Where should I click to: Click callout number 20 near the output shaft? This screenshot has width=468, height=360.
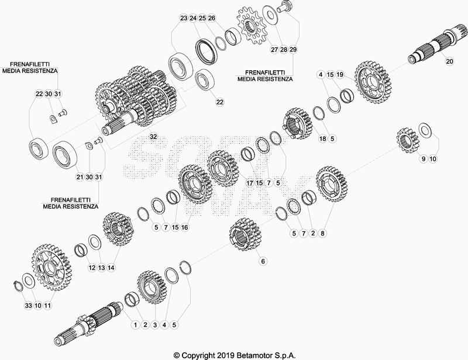449,61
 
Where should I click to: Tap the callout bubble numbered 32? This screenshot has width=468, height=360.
153,137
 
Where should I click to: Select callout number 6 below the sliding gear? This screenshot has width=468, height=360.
263,261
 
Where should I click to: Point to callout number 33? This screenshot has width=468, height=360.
28,306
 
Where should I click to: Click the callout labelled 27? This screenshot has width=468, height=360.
274,50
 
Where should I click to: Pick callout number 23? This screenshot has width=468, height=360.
184,18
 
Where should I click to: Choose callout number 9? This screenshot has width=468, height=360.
424,159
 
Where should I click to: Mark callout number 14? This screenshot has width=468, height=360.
111,268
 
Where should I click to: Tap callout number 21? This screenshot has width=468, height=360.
80,177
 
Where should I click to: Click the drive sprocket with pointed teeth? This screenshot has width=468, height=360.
250,26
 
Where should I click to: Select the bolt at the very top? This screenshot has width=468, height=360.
284,6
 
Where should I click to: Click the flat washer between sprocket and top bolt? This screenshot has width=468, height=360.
271,15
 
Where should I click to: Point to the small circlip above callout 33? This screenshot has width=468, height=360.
19,285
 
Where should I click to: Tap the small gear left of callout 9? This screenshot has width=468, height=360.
408,140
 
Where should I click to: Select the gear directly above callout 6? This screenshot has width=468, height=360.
245,235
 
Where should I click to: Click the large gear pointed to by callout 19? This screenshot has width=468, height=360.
373,82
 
